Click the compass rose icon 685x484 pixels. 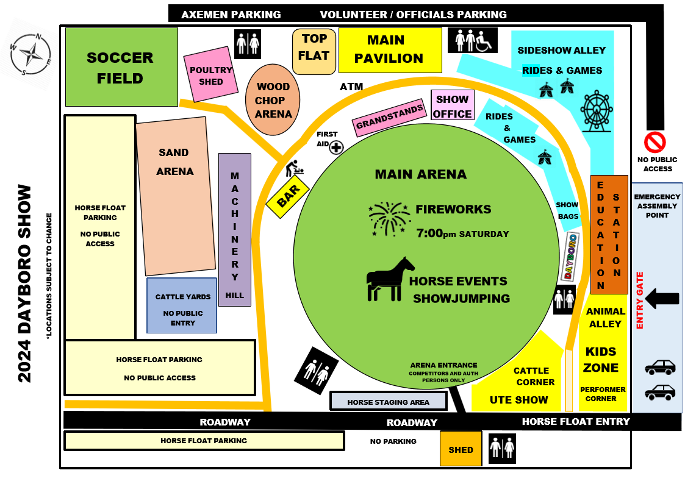tap(30, 54)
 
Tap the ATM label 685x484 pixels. tap(351, 87)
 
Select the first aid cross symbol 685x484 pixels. tap(336, 148)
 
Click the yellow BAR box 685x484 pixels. tap(288, 196)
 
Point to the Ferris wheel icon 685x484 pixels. tap(597, 111)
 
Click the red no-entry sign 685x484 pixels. tap(655, 142)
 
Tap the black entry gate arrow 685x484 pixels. tap(662, 299)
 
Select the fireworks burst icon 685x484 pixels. tap(389, 219)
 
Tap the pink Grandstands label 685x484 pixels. tap(389, 118)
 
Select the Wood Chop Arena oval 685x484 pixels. tap(273, 100)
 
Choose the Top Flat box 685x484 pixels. tap(314, 51)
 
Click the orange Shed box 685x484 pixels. tap(461, 449)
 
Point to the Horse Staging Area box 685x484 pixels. tap(389, 401)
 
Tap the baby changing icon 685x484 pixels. tap(294, 168)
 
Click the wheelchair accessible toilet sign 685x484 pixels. tap(473, 40)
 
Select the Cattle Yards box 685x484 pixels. tap(182, 305)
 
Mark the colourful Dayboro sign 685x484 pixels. tap(570, 257)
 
